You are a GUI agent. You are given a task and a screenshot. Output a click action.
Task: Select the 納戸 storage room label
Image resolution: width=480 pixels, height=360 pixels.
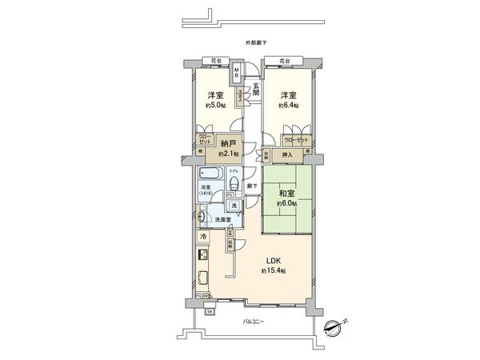(x=230, y=145)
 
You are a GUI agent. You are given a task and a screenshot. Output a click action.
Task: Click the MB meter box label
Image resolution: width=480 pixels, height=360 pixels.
(x=237, y=74)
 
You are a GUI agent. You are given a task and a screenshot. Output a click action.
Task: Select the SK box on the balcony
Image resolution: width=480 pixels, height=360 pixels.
(x=210, y=312)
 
